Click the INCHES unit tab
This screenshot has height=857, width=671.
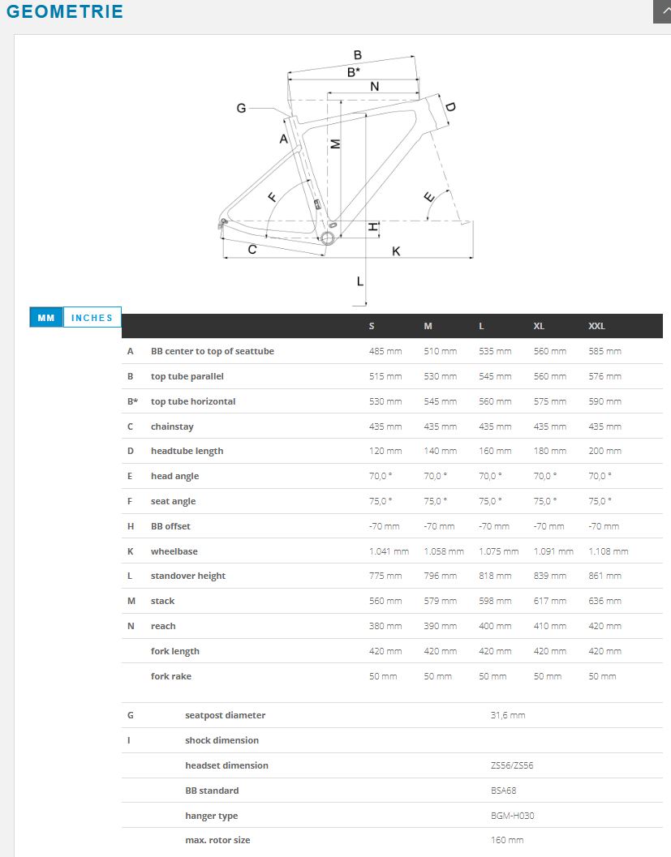point(92,318)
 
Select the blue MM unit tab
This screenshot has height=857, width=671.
point(46,318)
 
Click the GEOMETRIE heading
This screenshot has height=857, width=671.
point(65,11)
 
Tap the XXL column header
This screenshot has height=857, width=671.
point(596,326)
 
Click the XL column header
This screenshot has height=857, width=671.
point(539,326)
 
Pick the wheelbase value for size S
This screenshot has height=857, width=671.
point(389,551)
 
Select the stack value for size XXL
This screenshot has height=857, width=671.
point(604,602)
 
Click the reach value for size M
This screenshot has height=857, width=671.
point(441,627)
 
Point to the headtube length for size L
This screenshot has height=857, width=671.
point(495,451)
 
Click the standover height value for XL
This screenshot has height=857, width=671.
point(549,576)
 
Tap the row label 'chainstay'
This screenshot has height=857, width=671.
point(172,426)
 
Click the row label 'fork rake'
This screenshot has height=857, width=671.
point(171,677)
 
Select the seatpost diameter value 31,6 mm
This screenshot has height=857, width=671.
point(508,715)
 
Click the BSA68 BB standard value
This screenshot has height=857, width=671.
point(504,791)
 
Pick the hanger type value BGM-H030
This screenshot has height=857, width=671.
point(513,816)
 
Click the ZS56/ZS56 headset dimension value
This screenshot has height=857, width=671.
point(512,765)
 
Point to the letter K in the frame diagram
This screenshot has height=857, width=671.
point(396,251)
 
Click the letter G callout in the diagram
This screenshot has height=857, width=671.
point(241,108)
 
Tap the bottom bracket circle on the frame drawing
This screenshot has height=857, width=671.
point(327,238)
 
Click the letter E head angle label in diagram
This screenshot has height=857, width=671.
point(429,197)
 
